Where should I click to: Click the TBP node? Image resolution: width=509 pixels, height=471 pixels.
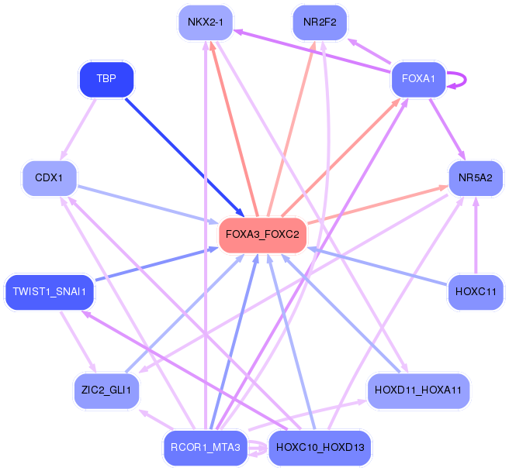coord(107,79)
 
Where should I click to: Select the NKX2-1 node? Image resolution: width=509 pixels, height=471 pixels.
coord(205,22)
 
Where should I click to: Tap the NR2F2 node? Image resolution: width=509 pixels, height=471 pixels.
coord(320,22)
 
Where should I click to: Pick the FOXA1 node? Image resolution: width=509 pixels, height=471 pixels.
coord(418,78)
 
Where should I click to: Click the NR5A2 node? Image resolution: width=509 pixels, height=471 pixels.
coord(476,178)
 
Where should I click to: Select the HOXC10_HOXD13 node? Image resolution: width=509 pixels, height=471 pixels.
coord(320,448)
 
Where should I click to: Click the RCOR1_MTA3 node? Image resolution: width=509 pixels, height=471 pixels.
coord(206,448)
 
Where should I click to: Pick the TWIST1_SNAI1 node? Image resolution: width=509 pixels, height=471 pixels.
coord(50,292)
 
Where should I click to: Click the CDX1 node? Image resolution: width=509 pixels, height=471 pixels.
coord(49,178)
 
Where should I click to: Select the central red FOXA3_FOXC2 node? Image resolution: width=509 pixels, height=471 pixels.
coord(262,234)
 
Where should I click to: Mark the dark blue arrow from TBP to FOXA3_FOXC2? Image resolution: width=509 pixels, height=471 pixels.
coord(184,156)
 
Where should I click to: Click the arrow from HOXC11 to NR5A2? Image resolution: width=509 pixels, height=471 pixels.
coord(476,235)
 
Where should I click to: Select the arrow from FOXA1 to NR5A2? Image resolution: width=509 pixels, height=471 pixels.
coord(447,128)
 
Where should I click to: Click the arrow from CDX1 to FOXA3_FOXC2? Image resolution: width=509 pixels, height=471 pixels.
coord(147,205)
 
